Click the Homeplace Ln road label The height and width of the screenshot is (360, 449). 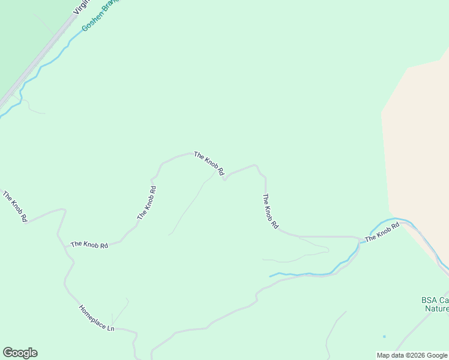96,318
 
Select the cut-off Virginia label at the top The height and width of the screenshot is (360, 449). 80,7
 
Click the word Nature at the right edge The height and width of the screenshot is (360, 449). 436,308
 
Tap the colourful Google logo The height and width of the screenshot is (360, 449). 20,353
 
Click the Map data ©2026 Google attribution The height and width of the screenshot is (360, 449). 412,355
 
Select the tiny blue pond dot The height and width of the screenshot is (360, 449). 384,336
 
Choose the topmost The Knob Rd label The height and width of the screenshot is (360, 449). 209,163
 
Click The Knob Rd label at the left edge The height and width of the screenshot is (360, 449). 15,206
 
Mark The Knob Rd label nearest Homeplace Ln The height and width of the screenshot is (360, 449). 89,245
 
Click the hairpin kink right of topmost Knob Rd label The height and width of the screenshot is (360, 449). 224,179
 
